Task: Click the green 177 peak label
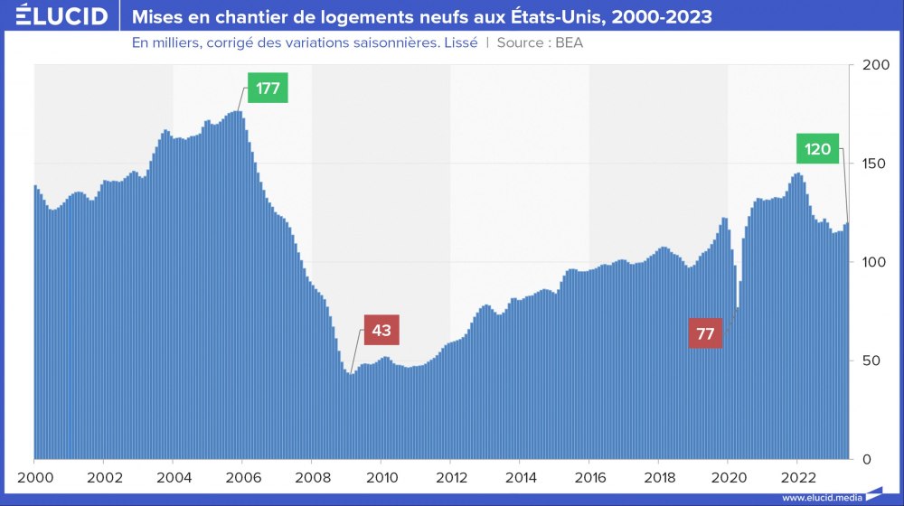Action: coord(268,89)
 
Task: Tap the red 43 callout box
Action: coord(381,330)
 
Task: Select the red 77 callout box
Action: coord(706,333)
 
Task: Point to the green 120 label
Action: coord(817,149)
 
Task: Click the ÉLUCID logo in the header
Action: coord(55,16)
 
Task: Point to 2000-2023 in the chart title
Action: coord(657,16)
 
